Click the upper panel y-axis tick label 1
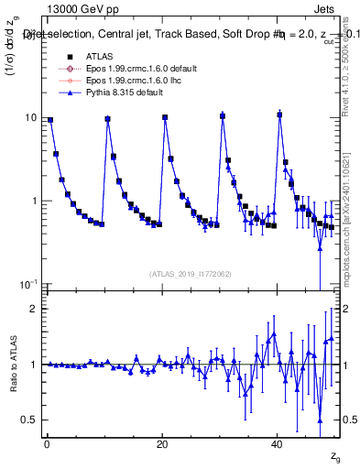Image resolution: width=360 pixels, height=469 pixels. [x=34, y=201]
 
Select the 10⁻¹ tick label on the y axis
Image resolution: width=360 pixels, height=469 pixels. [x=28, y=283]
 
